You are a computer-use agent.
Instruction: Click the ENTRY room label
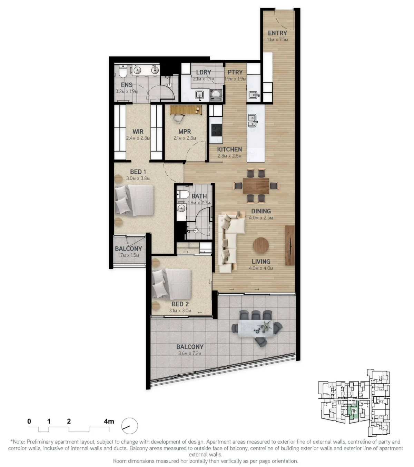277,33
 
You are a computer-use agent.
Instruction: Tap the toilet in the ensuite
123,71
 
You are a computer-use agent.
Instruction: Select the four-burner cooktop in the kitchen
216,130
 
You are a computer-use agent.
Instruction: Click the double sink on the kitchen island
252,120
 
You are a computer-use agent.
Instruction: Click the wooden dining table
256,185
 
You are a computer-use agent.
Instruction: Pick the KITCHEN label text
229,149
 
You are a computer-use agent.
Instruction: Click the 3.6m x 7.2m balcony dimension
190,353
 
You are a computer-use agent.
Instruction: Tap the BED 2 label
180,304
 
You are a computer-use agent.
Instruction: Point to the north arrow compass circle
129,426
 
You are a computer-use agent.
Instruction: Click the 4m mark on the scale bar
109,422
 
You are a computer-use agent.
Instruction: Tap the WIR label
138,132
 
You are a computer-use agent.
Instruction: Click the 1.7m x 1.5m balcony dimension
128,255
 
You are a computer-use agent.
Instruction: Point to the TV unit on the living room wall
290,245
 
